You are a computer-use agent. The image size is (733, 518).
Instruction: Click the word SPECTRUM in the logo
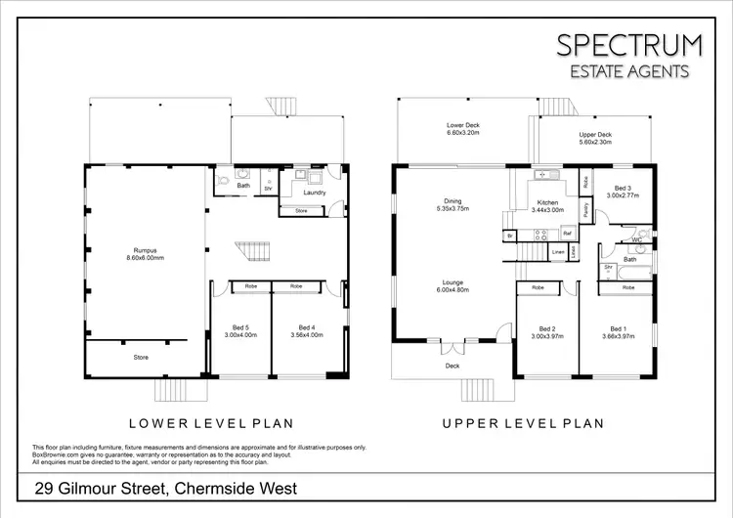tap(628, 45)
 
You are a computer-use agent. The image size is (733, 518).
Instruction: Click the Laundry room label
tap(314, 193)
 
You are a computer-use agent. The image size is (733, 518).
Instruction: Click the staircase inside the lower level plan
tap(256, 252)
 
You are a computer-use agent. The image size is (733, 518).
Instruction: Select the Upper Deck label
tap(595, 138)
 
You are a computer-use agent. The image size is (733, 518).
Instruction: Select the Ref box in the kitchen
tap(566, 234)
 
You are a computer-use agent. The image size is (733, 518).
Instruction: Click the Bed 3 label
tap(622, 192)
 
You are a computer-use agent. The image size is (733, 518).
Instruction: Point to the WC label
tap(636, 238)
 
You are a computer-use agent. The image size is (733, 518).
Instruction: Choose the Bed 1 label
tap(617, 332)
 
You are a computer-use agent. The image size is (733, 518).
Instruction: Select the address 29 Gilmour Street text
tap(165, 488)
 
